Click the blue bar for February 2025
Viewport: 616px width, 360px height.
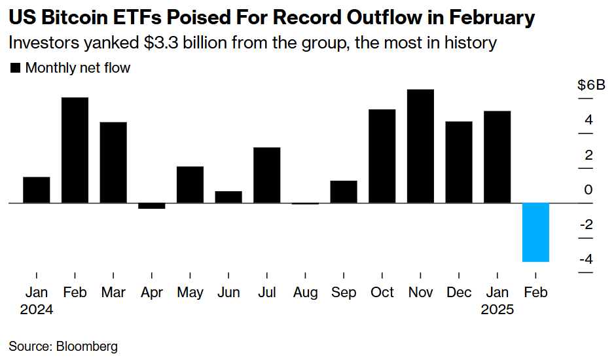coord(535,232)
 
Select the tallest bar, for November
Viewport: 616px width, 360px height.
coord(420,146)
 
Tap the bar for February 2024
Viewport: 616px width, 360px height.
coord(75,150)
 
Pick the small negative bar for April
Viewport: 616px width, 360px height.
coord(151,206)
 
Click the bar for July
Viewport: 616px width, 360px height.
coord(266,175)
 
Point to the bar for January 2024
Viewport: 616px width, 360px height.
coord(37,190)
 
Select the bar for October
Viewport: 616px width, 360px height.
coord(382,156)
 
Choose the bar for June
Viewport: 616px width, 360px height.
coord(228,197)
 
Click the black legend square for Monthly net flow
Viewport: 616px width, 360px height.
coord(16,68)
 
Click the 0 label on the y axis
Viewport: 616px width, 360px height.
coord(589,190)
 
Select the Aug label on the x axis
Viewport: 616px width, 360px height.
coord(305,293)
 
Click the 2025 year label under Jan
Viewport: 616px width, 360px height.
coord(497,310)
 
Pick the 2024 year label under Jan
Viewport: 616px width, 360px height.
coord(37,310)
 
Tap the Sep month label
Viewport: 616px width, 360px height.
coord(344,293)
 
